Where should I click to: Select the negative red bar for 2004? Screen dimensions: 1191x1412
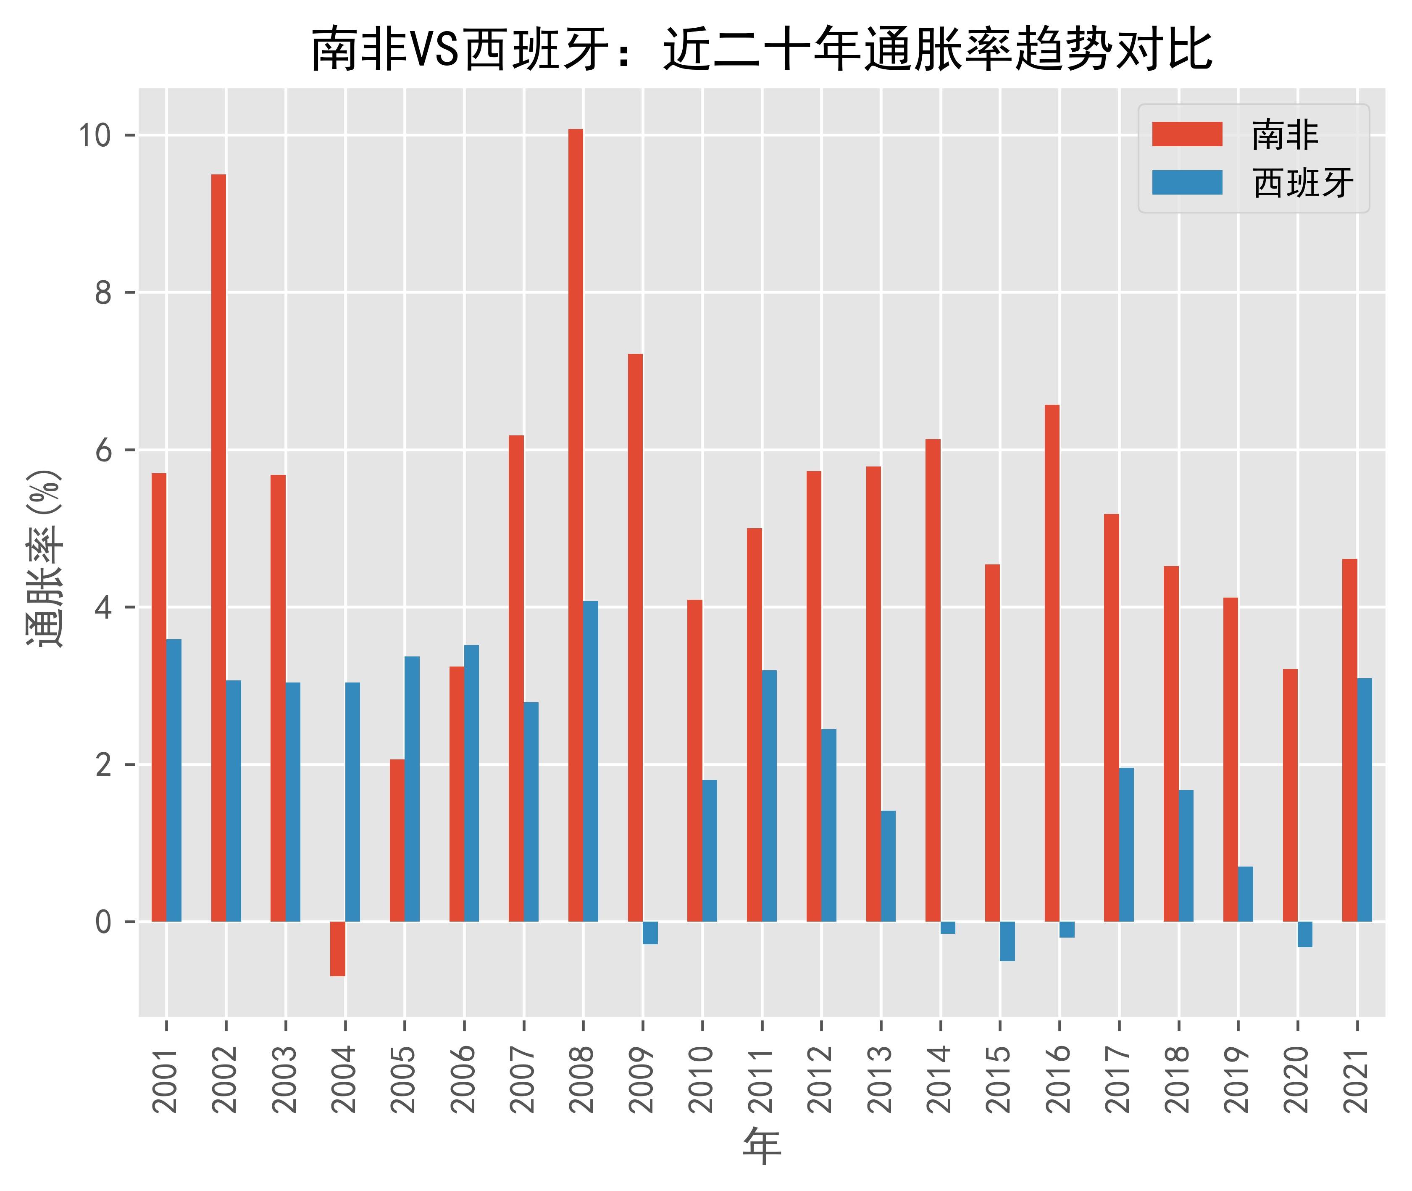(x=337, y=949)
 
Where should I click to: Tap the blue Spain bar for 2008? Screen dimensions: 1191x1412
(x=591, y=761)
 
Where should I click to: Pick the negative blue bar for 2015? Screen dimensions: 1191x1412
(x=1007, y=941)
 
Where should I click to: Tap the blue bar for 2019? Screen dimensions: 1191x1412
(x=1245, y=894)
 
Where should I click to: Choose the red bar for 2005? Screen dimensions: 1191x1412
(x=397, y=840)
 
